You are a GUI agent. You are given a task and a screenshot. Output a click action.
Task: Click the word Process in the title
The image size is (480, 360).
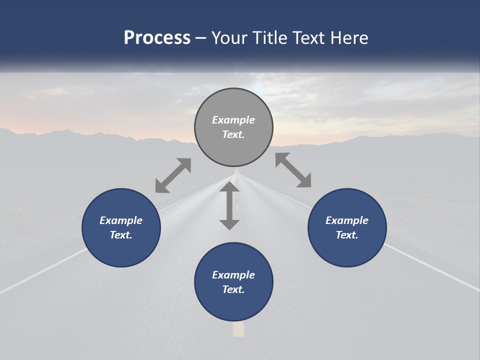157,38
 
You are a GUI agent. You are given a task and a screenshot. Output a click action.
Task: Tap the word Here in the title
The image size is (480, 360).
350,38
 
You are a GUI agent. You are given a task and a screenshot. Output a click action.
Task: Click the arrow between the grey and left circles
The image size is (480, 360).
173,175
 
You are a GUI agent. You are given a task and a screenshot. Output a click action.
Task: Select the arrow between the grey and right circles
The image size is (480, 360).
293,170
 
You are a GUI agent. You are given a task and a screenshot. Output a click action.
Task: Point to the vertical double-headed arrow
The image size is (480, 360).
229,205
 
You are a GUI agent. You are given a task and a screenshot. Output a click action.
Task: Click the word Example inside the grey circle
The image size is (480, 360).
233,120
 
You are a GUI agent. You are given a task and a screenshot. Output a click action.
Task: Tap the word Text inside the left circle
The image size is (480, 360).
121,235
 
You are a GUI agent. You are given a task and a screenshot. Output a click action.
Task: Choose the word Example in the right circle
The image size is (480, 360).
347,220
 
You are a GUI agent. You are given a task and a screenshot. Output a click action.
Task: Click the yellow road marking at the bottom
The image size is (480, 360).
238,328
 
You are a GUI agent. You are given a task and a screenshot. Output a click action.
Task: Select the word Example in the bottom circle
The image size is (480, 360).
233,275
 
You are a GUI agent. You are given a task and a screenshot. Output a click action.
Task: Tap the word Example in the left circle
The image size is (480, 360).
121,220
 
